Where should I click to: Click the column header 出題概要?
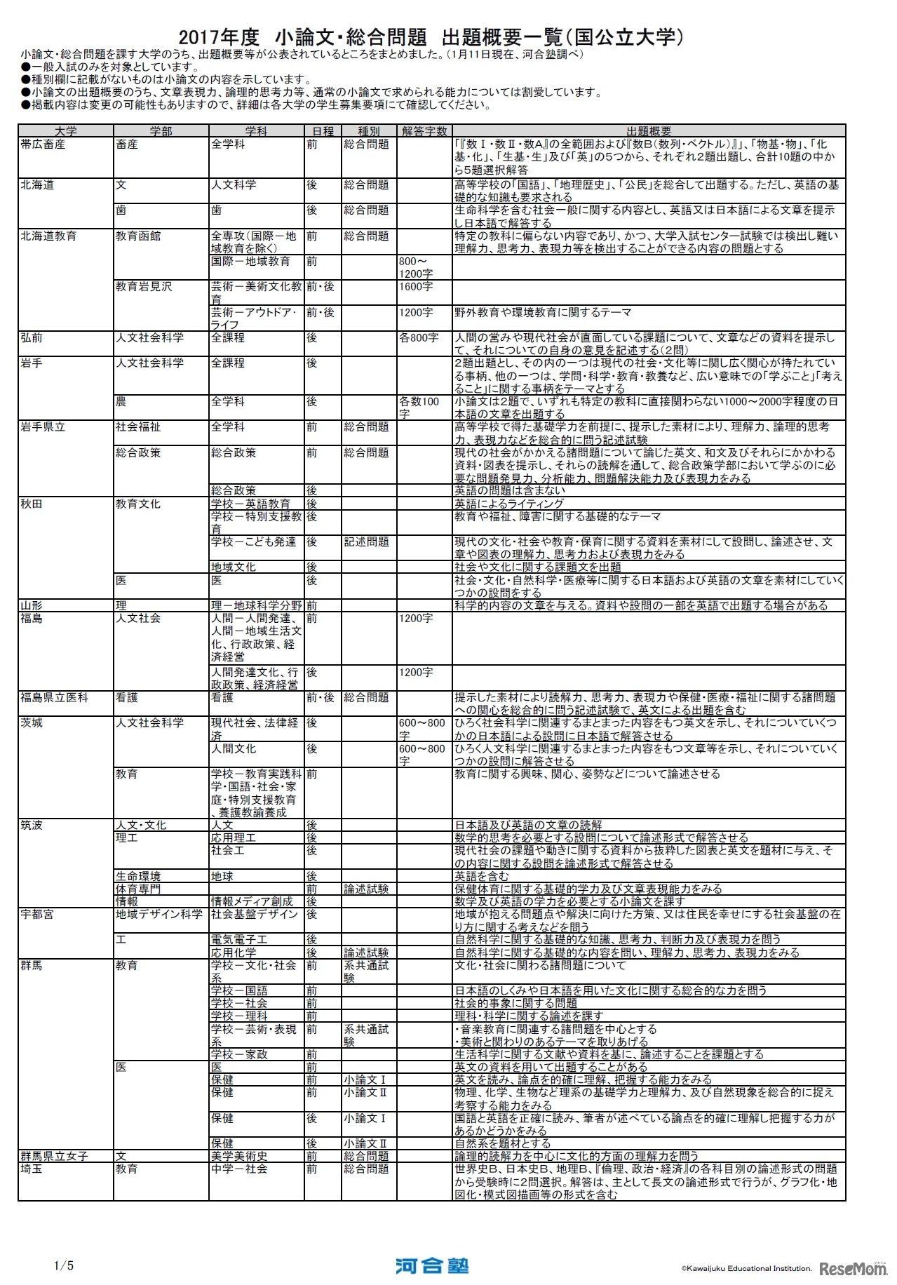coord(649,131)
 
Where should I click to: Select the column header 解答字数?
coord(425,131)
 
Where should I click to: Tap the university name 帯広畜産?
coord(43,144)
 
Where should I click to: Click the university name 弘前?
coord(32,338)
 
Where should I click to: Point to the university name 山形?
coord(32,605)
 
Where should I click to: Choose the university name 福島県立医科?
coord(55,698)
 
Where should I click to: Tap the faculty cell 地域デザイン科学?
coord(159,915)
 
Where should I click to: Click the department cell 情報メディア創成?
coord(252,902)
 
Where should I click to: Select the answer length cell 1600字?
coord(416,287)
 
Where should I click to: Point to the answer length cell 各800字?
coord(419,338)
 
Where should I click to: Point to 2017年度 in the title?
coord(220,37)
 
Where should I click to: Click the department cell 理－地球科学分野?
coord(256,605)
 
